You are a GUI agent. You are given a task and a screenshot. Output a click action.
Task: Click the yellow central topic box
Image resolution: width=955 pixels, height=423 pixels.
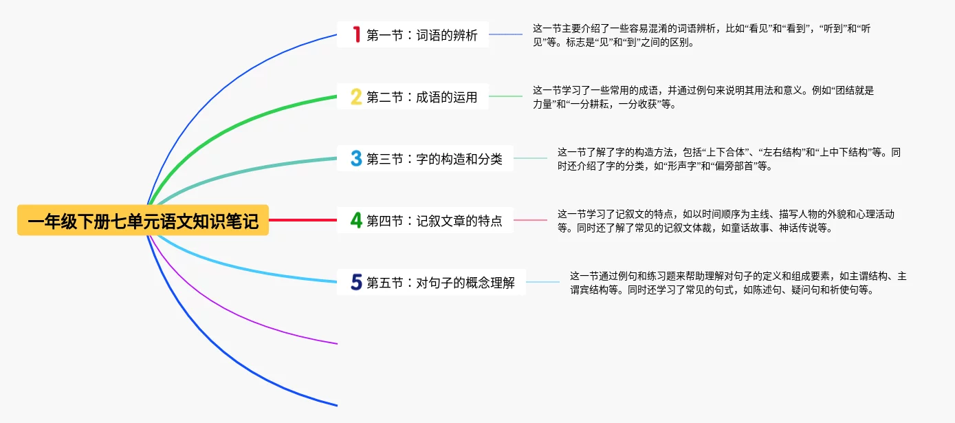click(x=143, y=221)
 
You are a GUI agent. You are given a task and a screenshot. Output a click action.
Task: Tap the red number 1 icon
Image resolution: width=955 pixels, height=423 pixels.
click(x=356, y=34)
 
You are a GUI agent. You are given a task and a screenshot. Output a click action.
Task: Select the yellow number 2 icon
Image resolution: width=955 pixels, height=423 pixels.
click(x=356, y=96)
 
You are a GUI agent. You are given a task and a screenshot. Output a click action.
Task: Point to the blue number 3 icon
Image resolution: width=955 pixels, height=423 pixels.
click(x=356, y=158)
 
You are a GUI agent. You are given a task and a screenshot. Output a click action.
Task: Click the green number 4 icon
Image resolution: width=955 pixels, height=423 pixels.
click(x=356, y=220)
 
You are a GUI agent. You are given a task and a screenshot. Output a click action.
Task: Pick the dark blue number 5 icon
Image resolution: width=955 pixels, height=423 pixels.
click(x=356, y=282)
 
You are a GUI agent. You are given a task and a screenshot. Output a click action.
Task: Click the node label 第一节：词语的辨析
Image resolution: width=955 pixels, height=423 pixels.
click(x=421, y=35)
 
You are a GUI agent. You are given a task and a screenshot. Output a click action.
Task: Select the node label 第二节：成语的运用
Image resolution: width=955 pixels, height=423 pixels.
click(x=421, y=97)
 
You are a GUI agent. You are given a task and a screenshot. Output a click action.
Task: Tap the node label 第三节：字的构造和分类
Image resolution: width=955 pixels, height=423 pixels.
click(x=434, y=159)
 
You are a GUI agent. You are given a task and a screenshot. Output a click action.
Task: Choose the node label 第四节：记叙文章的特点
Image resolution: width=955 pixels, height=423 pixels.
click(x=434, y=221)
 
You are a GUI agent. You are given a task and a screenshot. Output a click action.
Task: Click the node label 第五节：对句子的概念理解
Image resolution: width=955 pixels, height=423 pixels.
click(x=440, y=283)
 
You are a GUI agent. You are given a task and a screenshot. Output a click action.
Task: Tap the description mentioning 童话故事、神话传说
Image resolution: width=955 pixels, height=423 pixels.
click(x=725, y=221)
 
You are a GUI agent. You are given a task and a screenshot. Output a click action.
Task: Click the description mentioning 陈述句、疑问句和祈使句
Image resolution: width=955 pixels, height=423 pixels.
click(x=738, y=283)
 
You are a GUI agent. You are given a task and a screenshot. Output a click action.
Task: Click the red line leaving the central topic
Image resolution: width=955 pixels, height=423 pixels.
click(x=303, y=220)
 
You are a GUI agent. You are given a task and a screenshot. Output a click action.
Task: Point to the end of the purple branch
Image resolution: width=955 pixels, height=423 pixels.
click(x=336, y=343)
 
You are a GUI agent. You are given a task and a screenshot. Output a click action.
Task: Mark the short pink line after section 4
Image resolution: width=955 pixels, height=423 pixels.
click(x=530, y=220)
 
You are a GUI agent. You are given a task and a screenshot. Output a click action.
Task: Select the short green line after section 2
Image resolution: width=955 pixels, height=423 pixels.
click(x=505, y=96)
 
